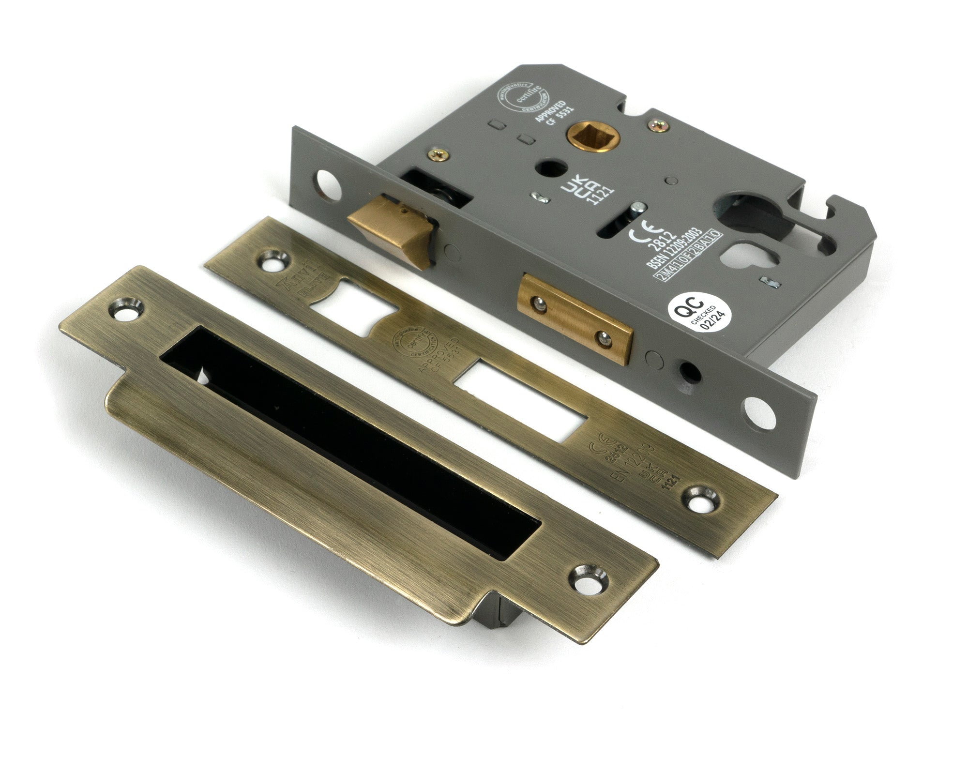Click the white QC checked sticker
[x=695, y=314]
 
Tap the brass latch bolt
[x=387, y=227]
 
